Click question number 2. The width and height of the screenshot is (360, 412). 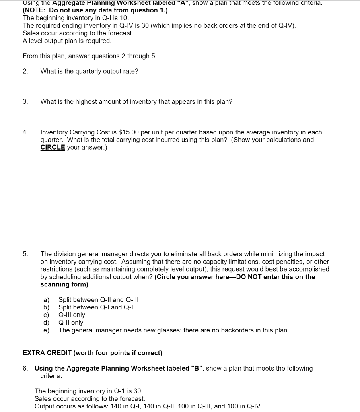tap(25, 71)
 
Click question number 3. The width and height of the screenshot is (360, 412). tap(25, 102)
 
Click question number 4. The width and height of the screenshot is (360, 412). tap(25, 132)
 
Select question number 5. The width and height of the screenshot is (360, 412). tap(25, 254)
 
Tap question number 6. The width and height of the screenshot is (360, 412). tap(25, 369)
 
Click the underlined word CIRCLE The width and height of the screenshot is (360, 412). tap(53, 148)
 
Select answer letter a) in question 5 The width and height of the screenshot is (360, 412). tap(46, 300)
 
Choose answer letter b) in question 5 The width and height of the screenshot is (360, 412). tap(46, 307)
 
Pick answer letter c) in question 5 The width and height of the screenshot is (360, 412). tap(46, 315)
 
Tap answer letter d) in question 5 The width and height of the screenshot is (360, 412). tap(46, 323)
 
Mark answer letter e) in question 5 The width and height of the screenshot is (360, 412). tap(46, 330)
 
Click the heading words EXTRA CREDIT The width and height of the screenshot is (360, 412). tap(47, 353)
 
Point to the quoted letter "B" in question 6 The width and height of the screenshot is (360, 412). tap(197, 369)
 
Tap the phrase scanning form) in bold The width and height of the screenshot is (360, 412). tap(64, 284)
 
